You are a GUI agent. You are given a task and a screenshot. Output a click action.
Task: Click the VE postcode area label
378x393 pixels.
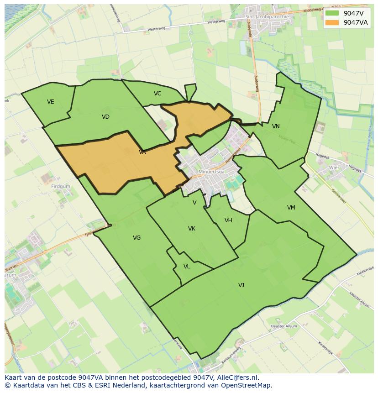point(50,102)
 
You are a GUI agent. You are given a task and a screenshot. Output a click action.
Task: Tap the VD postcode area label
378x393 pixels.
point(105,117)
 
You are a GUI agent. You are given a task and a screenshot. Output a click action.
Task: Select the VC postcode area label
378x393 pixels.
point(157,94)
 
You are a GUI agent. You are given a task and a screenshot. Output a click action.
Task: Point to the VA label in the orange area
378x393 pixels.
point(142,152)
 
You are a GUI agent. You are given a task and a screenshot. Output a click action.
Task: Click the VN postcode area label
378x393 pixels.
point(276,126)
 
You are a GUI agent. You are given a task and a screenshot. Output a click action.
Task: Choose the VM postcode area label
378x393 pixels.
point(291,208)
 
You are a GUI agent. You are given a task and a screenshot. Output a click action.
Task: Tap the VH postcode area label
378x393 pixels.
point(228,220)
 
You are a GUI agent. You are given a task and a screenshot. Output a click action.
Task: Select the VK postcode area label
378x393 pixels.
point(192,229)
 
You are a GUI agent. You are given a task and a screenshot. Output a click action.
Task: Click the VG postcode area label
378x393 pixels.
point(136,238)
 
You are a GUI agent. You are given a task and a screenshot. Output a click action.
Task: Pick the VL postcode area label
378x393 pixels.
point(187,267)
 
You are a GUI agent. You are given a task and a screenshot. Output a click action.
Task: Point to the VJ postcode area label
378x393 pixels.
point(241,285)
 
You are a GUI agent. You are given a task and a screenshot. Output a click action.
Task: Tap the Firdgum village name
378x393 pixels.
point(61,187)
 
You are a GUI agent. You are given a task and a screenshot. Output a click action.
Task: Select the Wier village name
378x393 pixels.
point(334,168)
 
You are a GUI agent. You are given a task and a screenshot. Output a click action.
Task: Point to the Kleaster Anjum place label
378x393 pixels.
point(283,326)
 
